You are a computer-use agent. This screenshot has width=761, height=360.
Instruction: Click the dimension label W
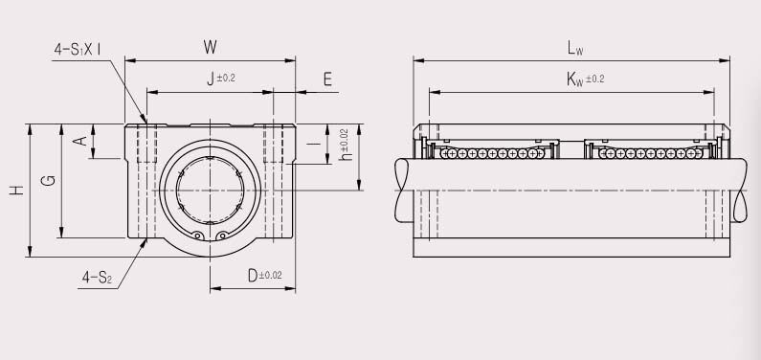point(212,47)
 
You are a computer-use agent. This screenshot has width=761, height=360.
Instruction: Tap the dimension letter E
point(328,79)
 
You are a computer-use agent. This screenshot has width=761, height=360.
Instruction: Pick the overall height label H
point(16,191)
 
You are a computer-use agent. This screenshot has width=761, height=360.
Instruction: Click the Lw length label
point(574,47)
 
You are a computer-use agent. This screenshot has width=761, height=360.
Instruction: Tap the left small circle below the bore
point(198,236)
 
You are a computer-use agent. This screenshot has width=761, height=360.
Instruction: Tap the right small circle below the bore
point(221,236)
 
